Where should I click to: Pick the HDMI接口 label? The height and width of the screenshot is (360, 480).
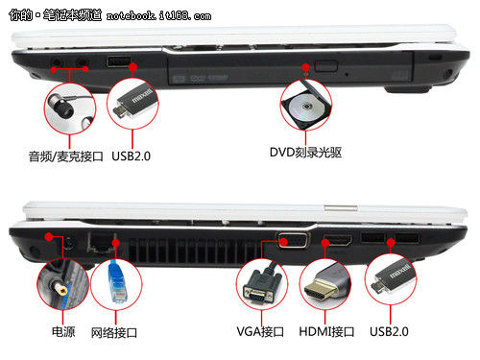328,331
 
